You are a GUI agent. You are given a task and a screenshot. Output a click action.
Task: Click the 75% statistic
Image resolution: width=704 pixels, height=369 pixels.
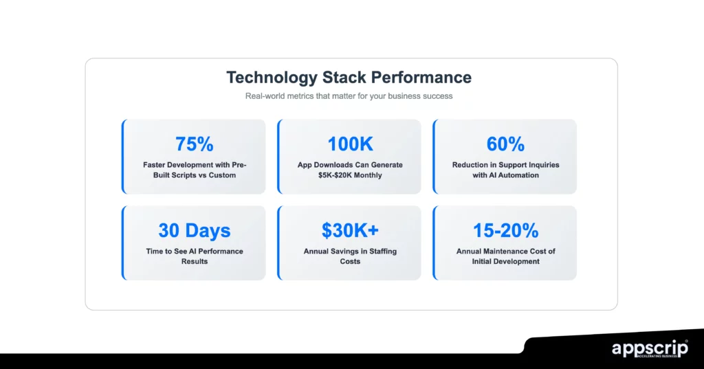194,144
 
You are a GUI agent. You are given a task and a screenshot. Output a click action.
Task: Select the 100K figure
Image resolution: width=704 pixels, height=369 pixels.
350,144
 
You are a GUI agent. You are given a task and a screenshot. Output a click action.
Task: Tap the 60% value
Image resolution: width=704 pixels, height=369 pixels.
505,144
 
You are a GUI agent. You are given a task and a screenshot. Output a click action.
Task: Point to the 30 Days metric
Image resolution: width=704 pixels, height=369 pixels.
194,230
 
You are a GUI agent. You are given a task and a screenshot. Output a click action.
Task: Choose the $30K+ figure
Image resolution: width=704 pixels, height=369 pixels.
350,230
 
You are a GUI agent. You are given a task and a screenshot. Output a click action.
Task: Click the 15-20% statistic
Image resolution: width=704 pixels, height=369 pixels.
505,230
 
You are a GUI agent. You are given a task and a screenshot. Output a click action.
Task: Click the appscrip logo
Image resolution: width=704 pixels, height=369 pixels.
649,348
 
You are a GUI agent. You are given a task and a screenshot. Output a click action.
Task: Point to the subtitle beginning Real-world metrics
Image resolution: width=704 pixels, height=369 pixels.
349,96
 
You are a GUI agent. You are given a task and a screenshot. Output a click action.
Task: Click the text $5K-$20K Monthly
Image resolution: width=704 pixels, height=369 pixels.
350,175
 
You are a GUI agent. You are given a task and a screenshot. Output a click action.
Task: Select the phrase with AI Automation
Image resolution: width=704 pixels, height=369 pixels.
505,175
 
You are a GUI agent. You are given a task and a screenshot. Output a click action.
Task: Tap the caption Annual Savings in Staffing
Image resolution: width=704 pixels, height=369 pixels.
350,251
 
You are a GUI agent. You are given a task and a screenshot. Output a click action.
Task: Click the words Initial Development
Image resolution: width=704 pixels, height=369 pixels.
505,261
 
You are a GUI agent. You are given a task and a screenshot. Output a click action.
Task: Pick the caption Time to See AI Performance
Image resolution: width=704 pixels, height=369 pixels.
194,251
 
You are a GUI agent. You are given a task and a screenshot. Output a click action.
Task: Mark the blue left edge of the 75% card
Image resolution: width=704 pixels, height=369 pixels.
123,157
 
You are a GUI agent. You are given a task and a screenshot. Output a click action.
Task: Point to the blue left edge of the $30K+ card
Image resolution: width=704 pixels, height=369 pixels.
278,243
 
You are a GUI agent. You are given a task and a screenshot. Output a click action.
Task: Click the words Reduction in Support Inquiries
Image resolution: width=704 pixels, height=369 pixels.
505,165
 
